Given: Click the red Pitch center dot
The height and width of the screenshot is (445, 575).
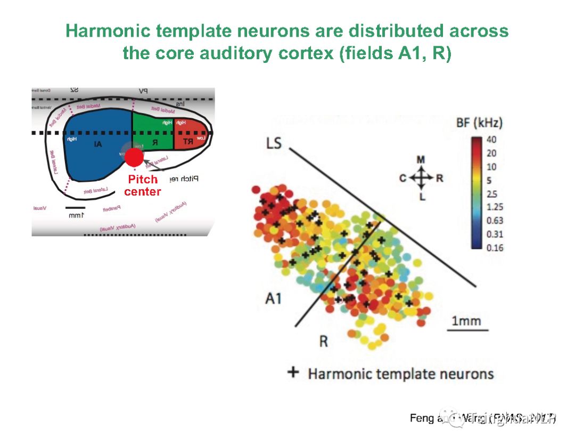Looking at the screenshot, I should pyautogui.click(x=134, y=157).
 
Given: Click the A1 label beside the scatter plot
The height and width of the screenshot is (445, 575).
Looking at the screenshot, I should pyautogui.click(x=273, y=298).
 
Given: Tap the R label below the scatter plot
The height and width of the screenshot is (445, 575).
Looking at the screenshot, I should pyautogui.click(x=323, y=341).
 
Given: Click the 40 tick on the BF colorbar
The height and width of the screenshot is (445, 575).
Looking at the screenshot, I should pyautogui.click(x=491, y=140).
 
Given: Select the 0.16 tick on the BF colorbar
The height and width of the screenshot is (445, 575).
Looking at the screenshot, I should pyautogui.click(x=494, y=247).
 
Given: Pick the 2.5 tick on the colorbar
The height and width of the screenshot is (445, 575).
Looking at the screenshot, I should pyautogui.click(x=491, y=194).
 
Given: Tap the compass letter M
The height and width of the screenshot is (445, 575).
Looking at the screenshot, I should pyautogui.click(x=421, y=160).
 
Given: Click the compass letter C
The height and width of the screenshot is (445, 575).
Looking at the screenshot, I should pyautogui.click(x=403, y=178).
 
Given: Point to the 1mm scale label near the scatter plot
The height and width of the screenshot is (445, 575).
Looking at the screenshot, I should pyautogui.click(x=466, y=321).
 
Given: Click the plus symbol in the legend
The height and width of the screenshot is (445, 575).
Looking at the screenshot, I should pyautogui.click(x=293, y=372).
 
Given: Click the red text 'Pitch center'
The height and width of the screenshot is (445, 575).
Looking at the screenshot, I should pyautogui.click(x=142, y=185).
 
